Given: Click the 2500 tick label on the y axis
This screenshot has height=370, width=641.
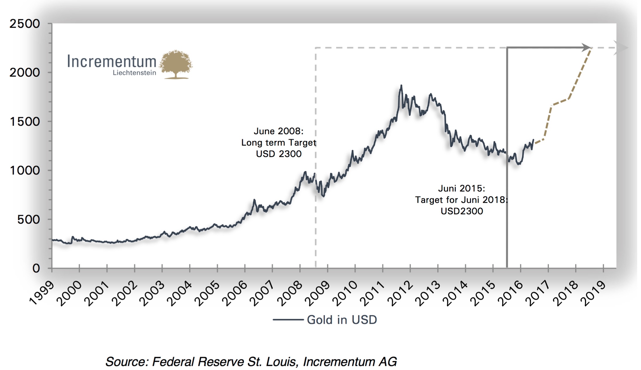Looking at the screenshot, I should coord(25,24).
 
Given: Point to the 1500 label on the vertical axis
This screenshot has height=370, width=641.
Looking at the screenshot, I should coord(25,122).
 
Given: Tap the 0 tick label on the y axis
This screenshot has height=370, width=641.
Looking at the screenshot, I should coord(36,268).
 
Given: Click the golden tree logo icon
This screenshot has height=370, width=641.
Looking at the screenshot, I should coord(176,64).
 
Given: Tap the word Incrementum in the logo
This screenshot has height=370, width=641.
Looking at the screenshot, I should coord(112,61).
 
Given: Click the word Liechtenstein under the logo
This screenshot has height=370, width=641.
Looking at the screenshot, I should coord(134,73).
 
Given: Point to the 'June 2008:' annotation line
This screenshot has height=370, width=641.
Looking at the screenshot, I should coord(278,131).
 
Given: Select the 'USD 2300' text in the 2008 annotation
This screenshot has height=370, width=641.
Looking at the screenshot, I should coord(278,154).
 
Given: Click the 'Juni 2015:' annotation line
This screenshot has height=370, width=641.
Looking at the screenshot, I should coord(462,189).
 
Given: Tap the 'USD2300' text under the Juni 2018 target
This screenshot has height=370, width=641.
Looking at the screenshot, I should coord(462,211).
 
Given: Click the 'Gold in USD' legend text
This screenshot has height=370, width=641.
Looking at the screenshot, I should coord(342,320).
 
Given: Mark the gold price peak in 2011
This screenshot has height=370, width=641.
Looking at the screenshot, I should coord(401,86).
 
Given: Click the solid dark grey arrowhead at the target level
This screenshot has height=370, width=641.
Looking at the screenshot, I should coord(586,47).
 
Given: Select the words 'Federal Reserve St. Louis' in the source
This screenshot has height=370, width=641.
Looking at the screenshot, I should coord(225,362).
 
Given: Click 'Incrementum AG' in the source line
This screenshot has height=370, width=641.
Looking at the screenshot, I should coord(350,362).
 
